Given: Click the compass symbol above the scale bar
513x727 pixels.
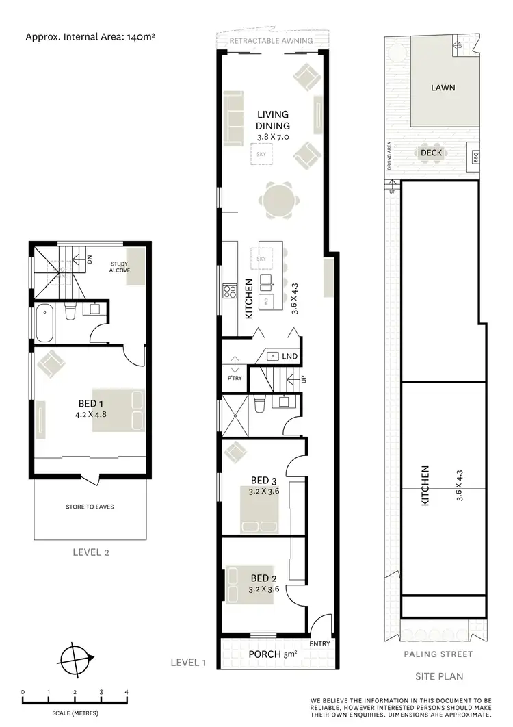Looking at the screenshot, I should click(76, 661).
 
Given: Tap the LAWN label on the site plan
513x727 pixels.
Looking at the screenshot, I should click(443, 88).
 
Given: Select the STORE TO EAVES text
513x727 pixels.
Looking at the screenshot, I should click(90, 507).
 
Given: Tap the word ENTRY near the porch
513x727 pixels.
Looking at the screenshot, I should click(319, 644).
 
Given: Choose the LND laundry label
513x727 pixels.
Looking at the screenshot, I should click(290, 357).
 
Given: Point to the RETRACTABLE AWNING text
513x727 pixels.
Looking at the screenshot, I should click(271, 41).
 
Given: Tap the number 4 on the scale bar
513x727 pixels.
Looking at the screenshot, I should click(127, 692).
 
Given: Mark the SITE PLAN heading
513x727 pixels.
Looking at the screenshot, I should click(439, 676).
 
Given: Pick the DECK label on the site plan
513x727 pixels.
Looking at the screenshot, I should click(431, 153).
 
